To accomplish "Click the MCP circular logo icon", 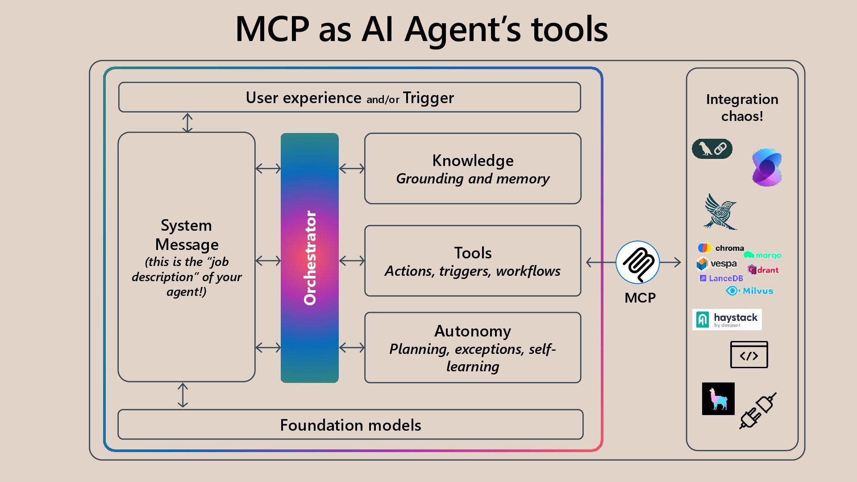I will coord(637,262).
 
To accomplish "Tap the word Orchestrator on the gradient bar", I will coord(310,258).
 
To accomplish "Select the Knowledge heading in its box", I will coord(473,161).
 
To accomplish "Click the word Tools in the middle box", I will coord(473,253).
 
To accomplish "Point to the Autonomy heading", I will coord(473,331).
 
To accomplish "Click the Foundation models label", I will coord(350,425).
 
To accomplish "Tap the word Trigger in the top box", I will coord(428,98).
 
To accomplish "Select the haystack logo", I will coord(727,320).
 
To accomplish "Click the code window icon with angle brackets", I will coord(749,355).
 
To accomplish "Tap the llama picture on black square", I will coord(718,399).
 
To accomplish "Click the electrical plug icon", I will coord(757,411).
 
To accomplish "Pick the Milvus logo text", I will coord(750,291).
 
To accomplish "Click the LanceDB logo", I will coord(721,278).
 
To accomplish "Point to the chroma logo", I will coord(720,248).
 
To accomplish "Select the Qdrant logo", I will coord(763,270).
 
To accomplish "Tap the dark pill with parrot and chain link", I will coord(712,149).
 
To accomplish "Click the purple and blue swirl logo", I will coord(766,167).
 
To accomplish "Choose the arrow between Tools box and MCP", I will coord(601,262).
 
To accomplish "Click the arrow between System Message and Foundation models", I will coord(183,395).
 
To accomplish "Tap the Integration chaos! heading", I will coord(742,108).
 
